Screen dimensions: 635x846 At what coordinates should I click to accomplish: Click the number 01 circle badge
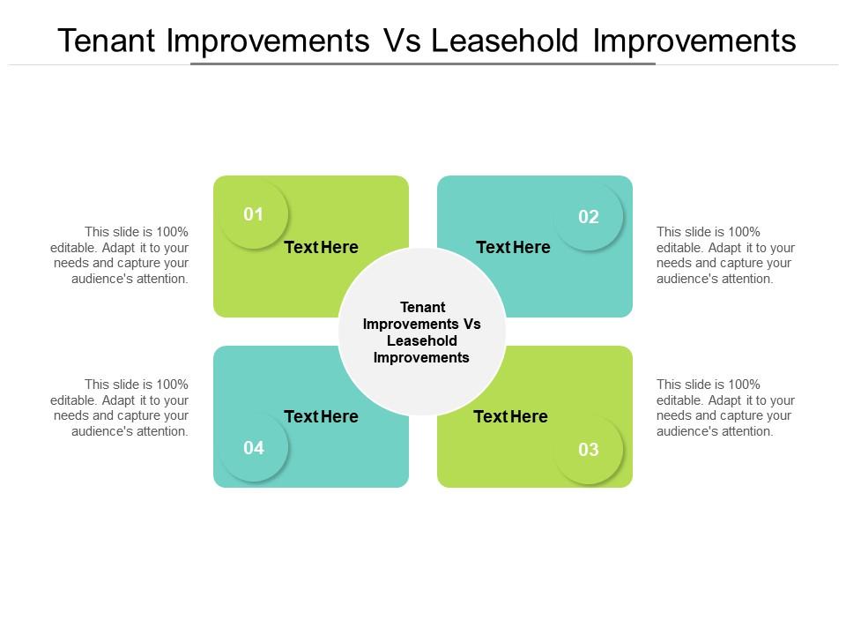(254, 214)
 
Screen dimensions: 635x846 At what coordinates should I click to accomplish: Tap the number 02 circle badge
(589, 217)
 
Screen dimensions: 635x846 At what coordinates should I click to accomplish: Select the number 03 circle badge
(589, 450)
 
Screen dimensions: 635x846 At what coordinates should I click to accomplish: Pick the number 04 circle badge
(254, 448)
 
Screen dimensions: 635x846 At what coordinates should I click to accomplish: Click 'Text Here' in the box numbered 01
(321, 248)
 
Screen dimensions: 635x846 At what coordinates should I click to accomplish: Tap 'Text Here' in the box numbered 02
(513, 248)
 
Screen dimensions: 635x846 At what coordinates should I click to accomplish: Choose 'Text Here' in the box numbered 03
(510, 416)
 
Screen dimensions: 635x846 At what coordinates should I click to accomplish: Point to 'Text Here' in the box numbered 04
(321, 416)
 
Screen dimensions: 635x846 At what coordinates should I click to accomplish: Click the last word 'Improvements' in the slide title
(694, 41)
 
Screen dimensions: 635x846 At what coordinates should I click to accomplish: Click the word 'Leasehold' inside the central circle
(422, 340)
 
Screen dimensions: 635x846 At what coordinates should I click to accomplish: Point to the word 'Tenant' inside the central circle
(422, 307)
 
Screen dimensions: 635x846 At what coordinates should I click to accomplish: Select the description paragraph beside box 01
(120, 255)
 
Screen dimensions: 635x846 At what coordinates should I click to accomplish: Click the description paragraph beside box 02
(725, 255)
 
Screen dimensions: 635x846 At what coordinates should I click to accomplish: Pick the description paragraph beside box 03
(725, 407)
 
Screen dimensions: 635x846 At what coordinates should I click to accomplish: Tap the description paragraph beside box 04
(120, 407)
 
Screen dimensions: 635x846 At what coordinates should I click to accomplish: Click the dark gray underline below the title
(423, 63)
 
